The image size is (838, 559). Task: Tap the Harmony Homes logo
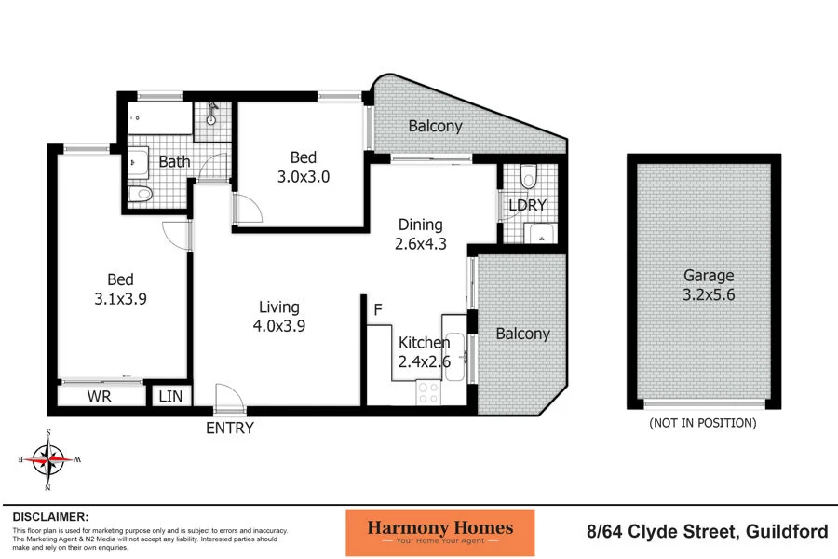point(439,533)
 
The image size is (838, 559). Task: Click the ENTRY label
point(230,429)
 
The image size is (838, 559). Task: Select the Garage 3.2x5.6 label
point(709,284)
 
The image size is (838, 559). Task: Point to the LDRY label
point(528,205)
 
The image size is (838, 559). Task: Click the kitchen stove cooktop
point(427,393)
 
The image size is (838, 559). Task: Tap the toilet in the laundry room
point(529,175)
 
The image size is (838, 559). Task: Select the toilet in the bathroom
point(140,194)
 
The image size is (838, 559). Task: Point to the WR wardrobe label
point(101,397)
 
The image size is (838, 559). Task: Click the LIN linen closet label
point(171,397)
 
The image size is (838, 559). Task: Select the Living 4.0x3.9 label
point(278,317)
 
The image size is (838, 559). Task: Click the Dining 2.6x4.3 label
point(420,234)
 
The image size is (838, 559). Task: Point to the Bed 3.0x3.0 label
point(303,166)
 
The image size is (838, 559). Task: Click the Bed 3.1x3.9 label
point(120,288)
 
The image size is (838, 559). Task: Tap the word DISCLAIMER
point(51,516)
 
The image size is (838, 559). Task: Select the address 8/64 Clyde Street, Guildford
point(707,532)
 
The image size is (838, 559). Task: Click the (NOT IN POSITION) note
point(702,423)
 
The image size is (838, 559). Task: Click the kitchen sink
point(454,357)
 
